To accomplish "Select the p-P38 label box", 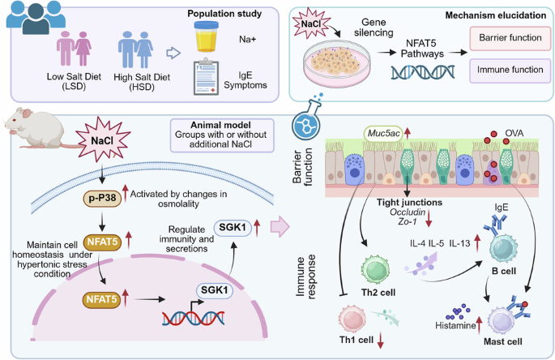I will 100,198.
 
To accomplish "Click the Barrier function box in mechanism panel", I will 508,38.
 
